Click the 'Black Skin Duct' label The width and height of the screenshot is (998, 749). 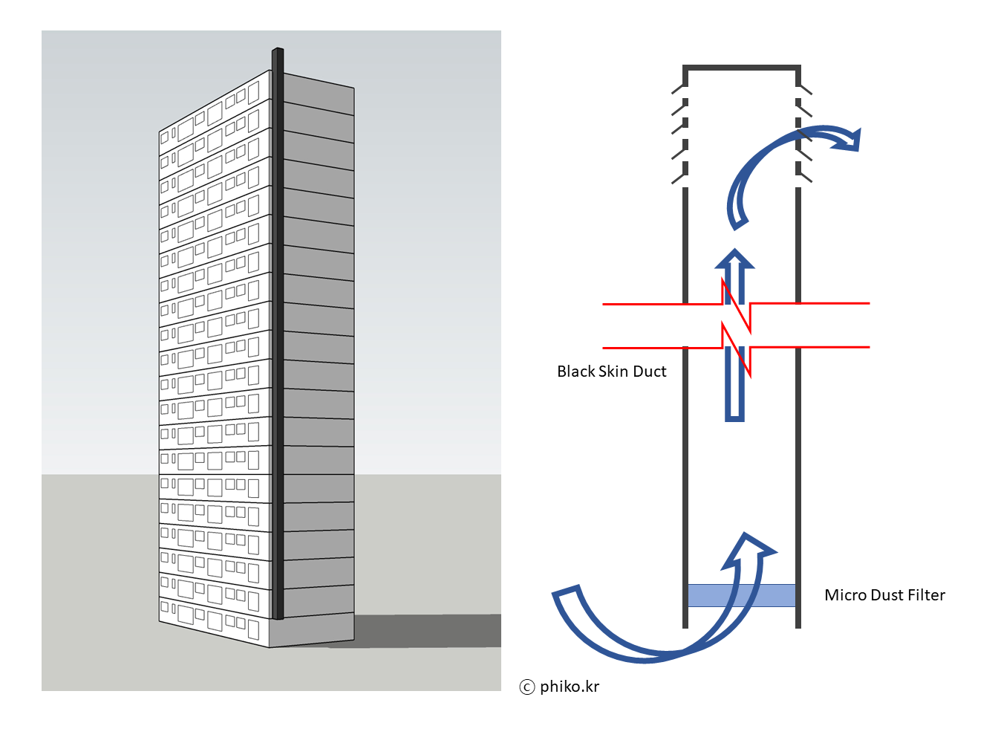pyautogui.click(x=611, y=372)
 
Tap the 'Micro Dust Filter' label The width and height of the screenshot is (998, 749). pyautogui.click(x=884, y=595)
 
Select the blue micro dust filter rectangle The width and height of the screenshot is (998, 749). pyautogui.click(x=741, y=595)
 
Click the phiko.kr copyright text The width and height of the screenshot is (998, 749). pyautogui.click(x=570, y=687)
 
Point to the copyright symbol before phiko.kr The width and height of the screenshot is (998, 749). pyautogui.click(x=527, y=687)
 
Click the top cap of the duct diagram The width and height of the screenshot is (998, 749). pyautogui.click(x=741, y=68)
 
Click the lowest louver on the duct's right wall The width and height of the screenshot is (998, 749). pyautogui.click(x=804, y=178)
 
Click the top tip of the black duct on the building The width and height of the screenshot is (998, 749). pyautogui.click(x=278, y=51)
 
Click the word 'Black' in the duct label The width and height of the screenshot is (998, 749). pyautogui.click(x=576, y=372)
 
